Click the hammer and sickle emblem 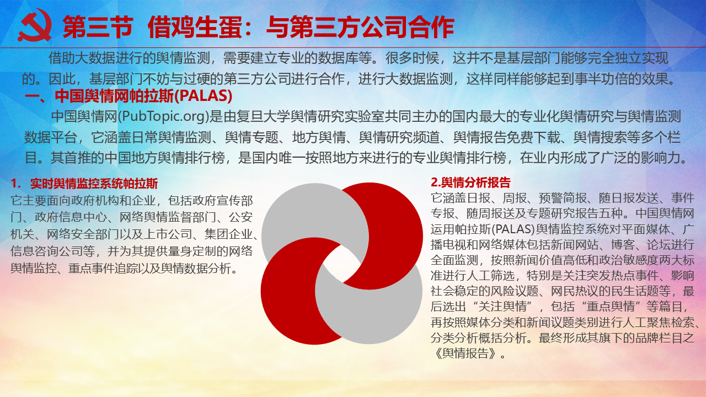coord(35,25)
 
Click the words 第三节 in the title coord(98,27)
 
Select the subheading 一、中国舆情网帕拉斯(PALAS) coord(129,96)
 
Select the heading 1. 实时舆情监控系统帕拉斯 coord(84,184)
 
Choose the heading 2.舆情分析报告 coord(470,183)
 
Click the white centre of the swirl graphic coord(342,264)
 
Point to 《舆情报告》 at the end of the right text coord(465,353)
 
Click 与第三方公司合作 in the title coord(360,27)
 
